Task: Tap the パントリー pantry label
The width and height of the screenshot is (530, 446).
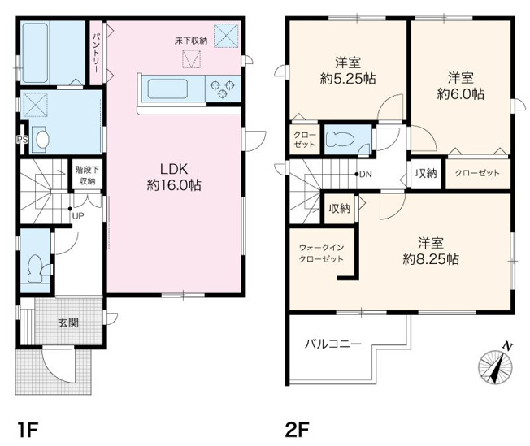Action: pos(96,53)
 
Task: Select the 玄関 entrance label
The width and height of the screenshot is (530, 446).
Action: pos(68,323)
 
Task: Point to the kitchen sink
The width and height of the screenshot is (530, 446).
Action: pos(167,88)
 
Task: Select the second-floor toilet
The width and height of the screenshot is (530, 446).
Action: pos(340,139)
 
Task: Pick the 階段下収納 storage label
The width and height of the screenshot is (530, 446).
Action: pos(85,176)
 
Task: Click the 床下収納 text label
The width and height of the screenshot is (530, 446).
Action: pos(190,40)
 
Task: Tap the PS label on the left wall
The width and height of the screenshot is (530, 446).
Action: pos(20,140)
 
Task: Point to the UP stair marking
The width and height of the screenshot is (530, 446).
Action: pos(77,216)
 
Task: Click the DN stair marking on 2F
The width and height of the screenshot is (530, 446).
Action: pos(365,175)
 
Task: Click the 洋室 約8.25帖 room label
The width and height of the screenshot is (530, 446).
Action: pos(431,250)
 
